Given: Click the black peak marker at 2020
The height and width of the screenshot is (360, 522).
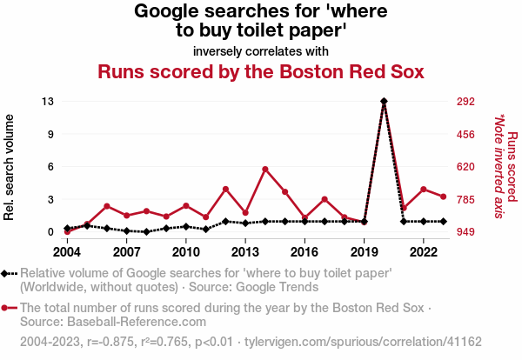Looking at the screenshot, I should (x=384, y=102).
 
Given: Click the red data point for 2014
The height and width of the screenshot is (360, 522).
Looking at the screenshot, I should (x=264, y=169).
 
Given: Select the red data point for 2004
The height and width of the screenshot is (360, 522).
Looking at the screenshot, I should (x=67, y=231).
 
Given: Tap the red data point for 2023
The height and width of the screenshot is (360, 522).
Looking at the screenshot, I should (x=443, y=197).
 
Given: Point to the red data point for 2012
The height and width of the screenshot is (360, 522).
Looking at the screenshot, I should (x=225, y=189).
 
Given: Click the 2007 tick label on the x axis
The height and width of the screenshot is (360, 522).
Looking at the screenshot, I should (x=126, y=252).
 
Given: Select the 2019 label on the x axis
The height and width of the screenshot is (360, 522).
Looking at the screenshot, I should (x=364, y=252).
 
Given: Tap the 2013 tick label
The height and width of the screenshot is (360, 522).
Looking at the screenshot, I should (x=245, y=252).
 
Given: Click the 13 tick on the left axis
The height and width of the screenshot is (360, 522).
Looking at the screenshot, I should (x=49, y=102).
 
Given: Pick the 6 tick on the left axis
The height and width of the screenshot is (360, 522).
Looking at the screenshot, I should (x=51, y=167).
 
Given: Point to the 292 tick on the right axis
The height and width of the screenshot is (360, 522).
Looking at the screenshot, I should (x=465, y=102).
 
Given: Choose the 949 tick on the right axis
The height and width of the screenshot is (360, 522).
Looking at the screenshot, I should (x=465, y=232).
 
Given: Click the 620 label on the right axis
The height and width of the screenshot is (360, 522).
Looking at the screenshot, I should (x=465, y=167).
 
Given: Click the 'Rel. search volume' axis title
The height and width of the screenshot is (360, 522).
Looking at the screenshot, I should (x=10, y=167).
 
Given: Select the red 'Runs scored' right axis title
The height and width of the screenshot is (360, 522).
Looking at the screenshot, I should (x=512, y=167).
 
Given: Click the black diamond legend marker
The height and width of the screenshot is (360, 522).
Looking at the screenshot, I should (x=7, y=273).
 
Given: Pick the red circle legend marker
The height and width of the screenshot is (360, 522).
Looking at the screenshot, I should (x=7, y=308).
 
